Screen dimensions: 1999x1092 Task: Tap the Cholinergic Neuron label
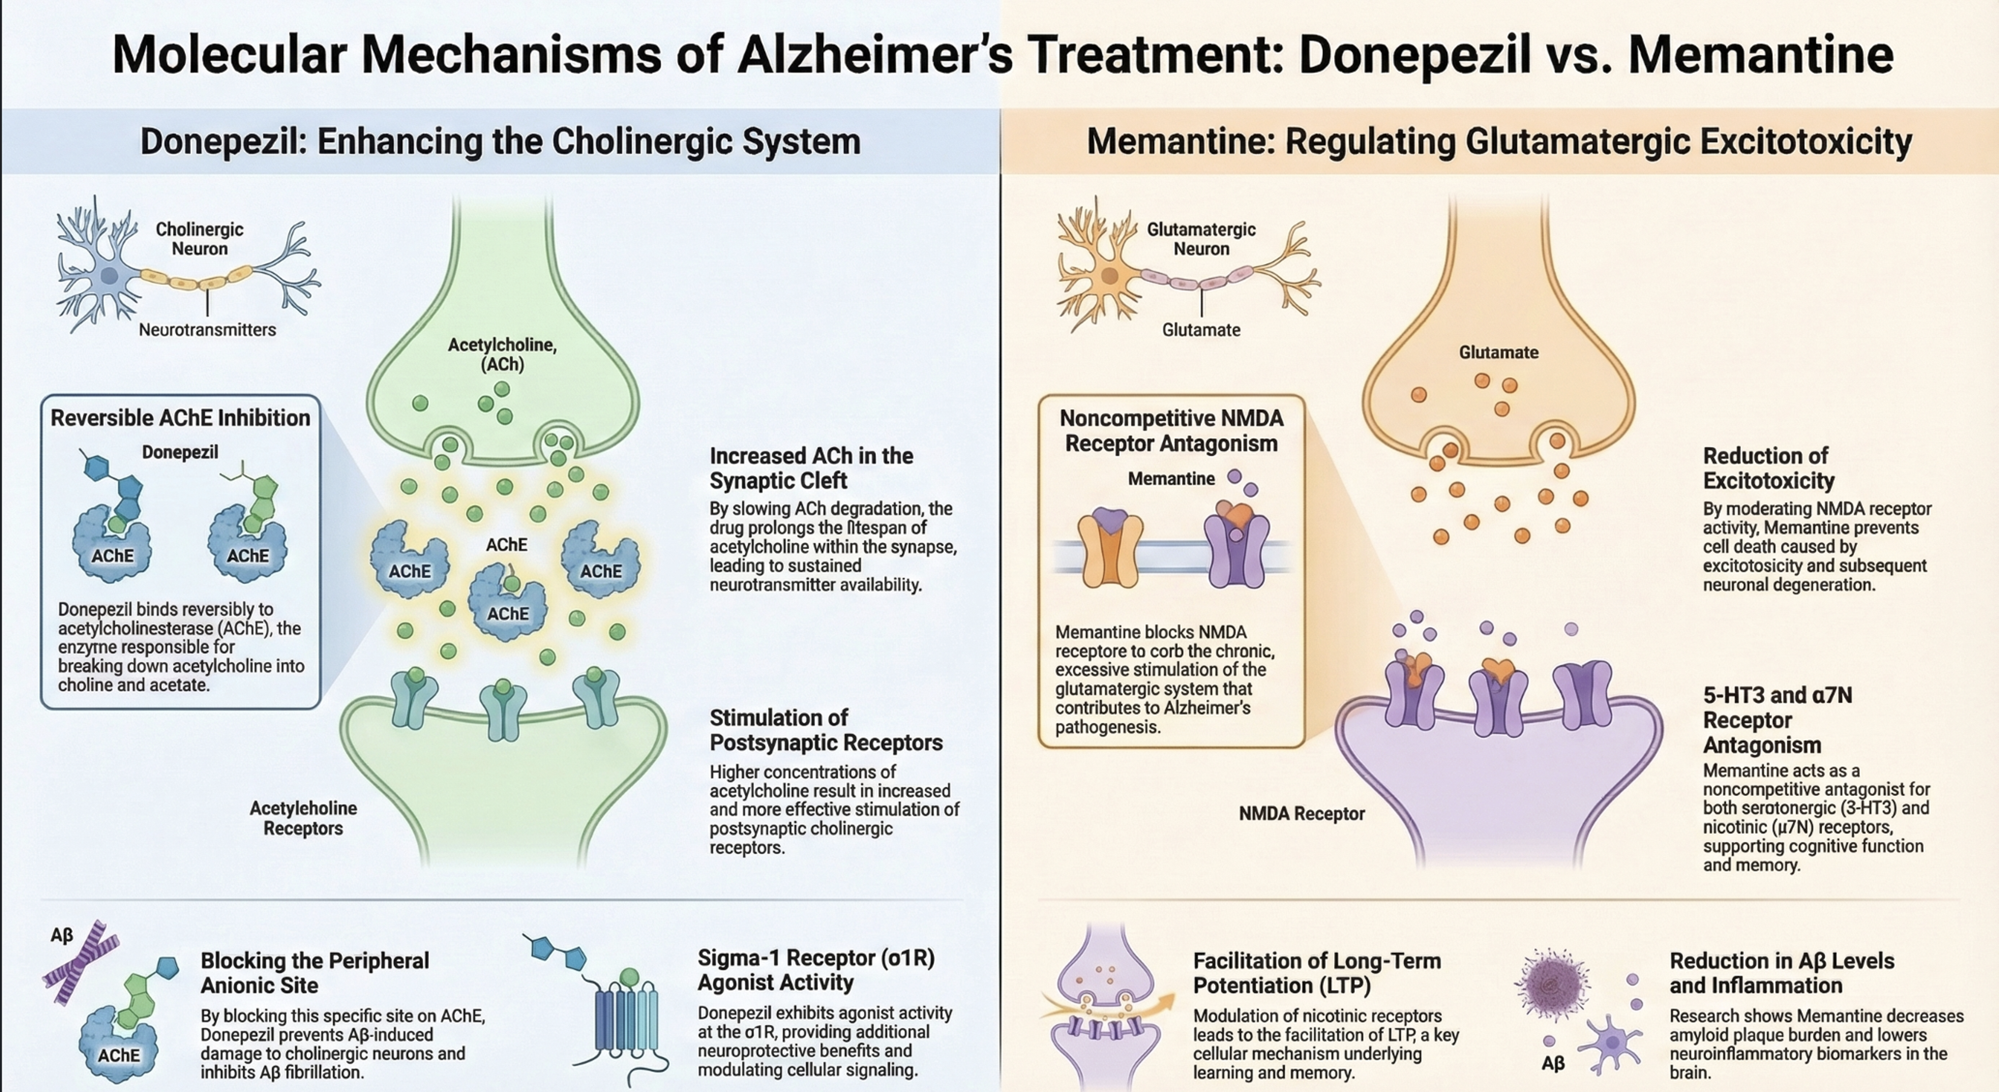tap(200, 239)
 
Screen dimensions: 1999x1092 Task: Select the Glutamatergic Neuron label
tap(1201, 239)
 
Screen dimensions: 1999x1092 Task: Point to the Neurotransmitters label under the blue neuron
tap(207, 330)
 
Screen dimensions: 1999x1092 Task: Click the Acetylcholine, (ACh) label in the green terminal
tap(502, 354)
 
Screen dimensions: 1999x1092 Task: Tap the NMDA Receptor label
tap(1301, 814)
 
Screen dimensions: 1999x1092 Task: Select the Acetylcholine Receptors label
tap(304, 818)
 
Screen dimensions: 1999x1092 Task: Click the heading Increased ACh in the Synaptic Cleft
tap(811, 468)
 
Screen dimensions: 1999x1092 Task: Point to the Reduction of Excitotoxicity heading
tap(1769, 468)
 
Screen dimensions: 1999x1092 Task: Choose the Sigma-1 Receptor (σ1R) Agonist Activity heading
tap(816, 970)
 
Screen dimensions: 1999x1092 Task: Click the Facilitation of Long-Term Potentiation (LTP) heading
tap(1317, 973)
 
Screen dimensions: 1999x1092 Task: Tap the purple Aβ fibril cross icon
tap(81, 965)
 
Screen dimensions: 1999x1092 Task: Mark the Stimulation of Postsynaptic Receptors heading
tap(826, 730)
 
